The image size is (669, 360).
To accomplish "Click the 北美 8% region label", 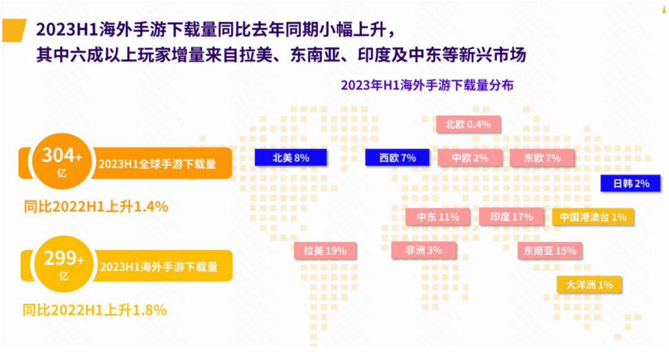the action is click(x=291, y=157).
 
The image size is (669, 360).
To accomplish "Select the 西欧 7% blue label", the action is click(x=397, y=157).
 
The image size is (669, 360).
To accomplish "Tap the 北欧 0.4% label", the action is click(x=468, y=124).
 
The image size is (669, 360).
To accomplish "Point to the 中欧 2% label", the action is click(x=470, y=158).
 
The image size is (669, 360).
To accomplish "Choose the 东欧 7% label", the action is click(x=542, y=158).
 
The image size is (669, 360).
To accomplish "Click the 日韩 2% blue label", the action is click(x=631, y=183).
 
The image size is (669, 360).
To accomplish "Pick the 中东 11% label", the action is click(x=438, y=217).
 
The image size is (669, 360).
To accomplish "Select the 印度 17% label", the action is click(x=511, y=217).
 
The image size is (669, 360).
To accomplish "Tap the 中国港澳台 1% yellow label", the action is click(x=593, y=217).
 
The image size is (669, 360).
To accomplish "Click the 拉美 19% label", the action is click(x=325, y=250).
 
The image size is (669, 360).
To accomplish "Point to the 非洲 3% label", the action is click(x=423, y=250).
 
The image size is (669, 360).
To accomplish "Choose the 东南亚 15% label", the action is click(x=549, y=250).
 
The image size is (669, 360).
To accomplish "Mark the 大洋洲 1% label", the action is click(x=589, y=284).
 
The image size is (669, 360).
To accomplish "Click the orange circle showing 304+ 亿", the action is click(x=62, y=161).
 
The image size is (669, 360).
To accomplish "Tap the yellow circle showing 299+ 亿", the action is click(x=64, y=264).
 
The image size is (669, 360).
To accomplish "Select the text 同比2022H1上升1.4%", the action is click(x=96, y=206).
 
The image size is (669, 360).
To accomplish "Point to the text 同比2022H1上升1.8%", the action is click(x=95, y=310).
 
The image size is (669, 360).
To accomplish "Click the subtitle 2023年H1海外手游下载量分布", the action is click(x=427, y=86).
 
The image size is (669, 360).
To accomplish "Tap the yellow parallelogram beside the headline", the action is click(x=14, y=30).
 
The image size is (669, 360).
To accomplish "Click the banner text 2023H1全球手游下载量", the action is click(x=157, y=164).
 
